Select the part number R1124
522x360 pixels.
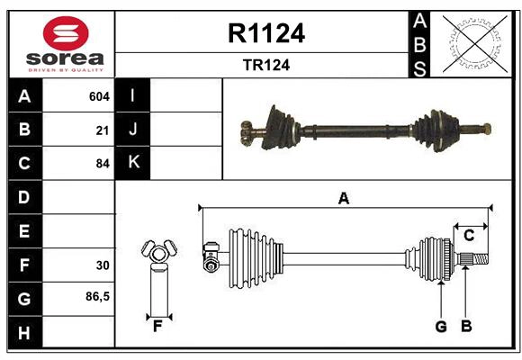266,33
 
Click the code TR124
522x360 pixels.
266,65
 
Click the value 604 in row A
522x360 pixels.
99,96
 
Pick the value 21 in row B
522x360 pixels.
103,130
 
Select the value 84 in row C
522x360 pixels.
102,164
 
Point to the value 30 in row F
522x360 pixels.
103,265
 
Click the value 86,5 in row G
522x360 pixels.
97,296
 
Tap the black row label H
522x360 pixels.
23,332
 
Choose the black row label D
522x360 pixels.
23,197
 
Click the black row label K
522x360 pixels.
133,163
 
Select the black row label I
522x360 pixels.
133,95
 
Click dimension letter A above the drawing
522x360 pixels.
343,198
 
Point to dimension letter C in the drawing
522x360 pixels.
469,236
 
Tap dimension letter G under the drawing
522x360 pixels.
441,326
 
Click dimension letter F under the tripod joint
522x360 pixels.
157,326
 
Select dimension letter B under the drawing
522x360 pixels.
466,326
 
